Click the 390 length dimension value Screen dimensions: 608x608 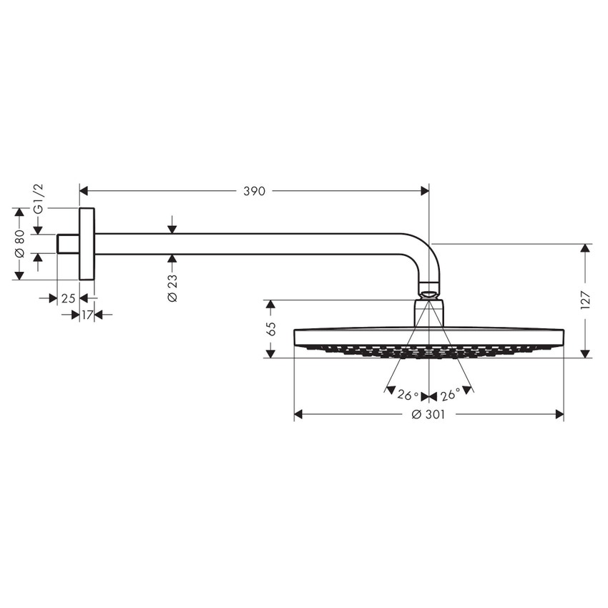(254, 191)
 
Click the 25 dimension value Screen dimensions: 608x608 (68, 298)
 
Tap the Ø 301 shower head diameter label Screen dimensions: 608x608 (429, 415)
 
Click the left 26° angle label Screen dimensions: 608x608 (408, 395)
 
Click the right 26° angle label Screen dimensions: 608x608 (451, 395)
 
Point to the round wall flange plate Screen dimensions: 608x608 (87, 244)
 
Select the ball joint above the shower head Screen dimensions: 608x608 (428, 293)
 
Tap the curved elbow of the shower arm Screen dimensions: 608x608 (422, 254)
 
